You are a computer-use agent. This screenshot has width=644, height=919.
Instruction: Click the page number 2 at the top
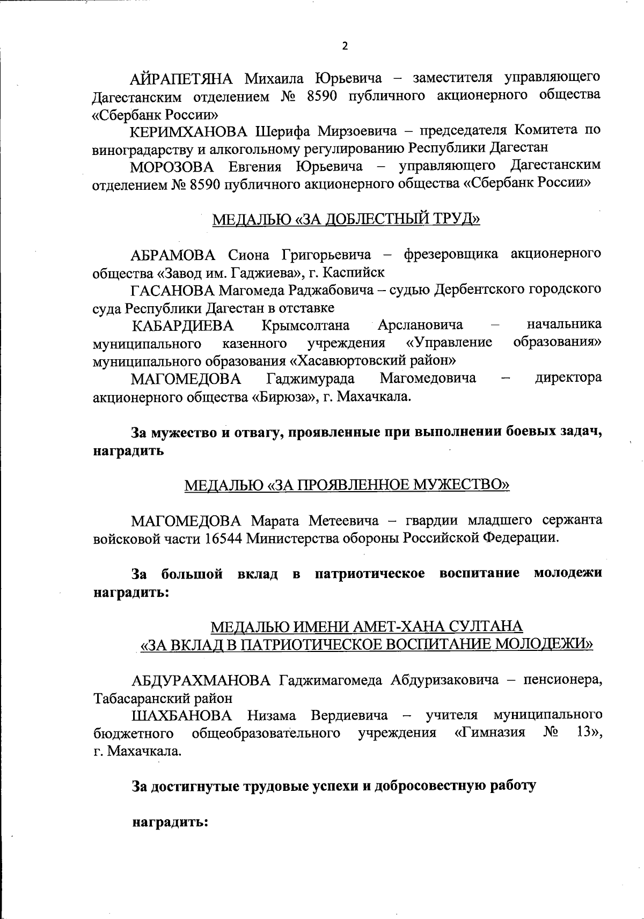[x=345, y=46]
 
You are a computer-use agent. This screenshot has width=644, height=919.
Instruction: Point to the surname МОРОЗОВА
[x=172, y=166]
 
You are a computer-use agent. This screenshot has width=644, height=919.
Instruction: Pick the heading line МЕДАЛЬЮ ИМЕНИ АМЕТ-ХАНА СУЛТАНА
[x=367, y=626]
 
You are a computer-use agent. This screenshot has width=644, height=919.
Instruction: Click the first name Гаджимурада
[x=311, y=379]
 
